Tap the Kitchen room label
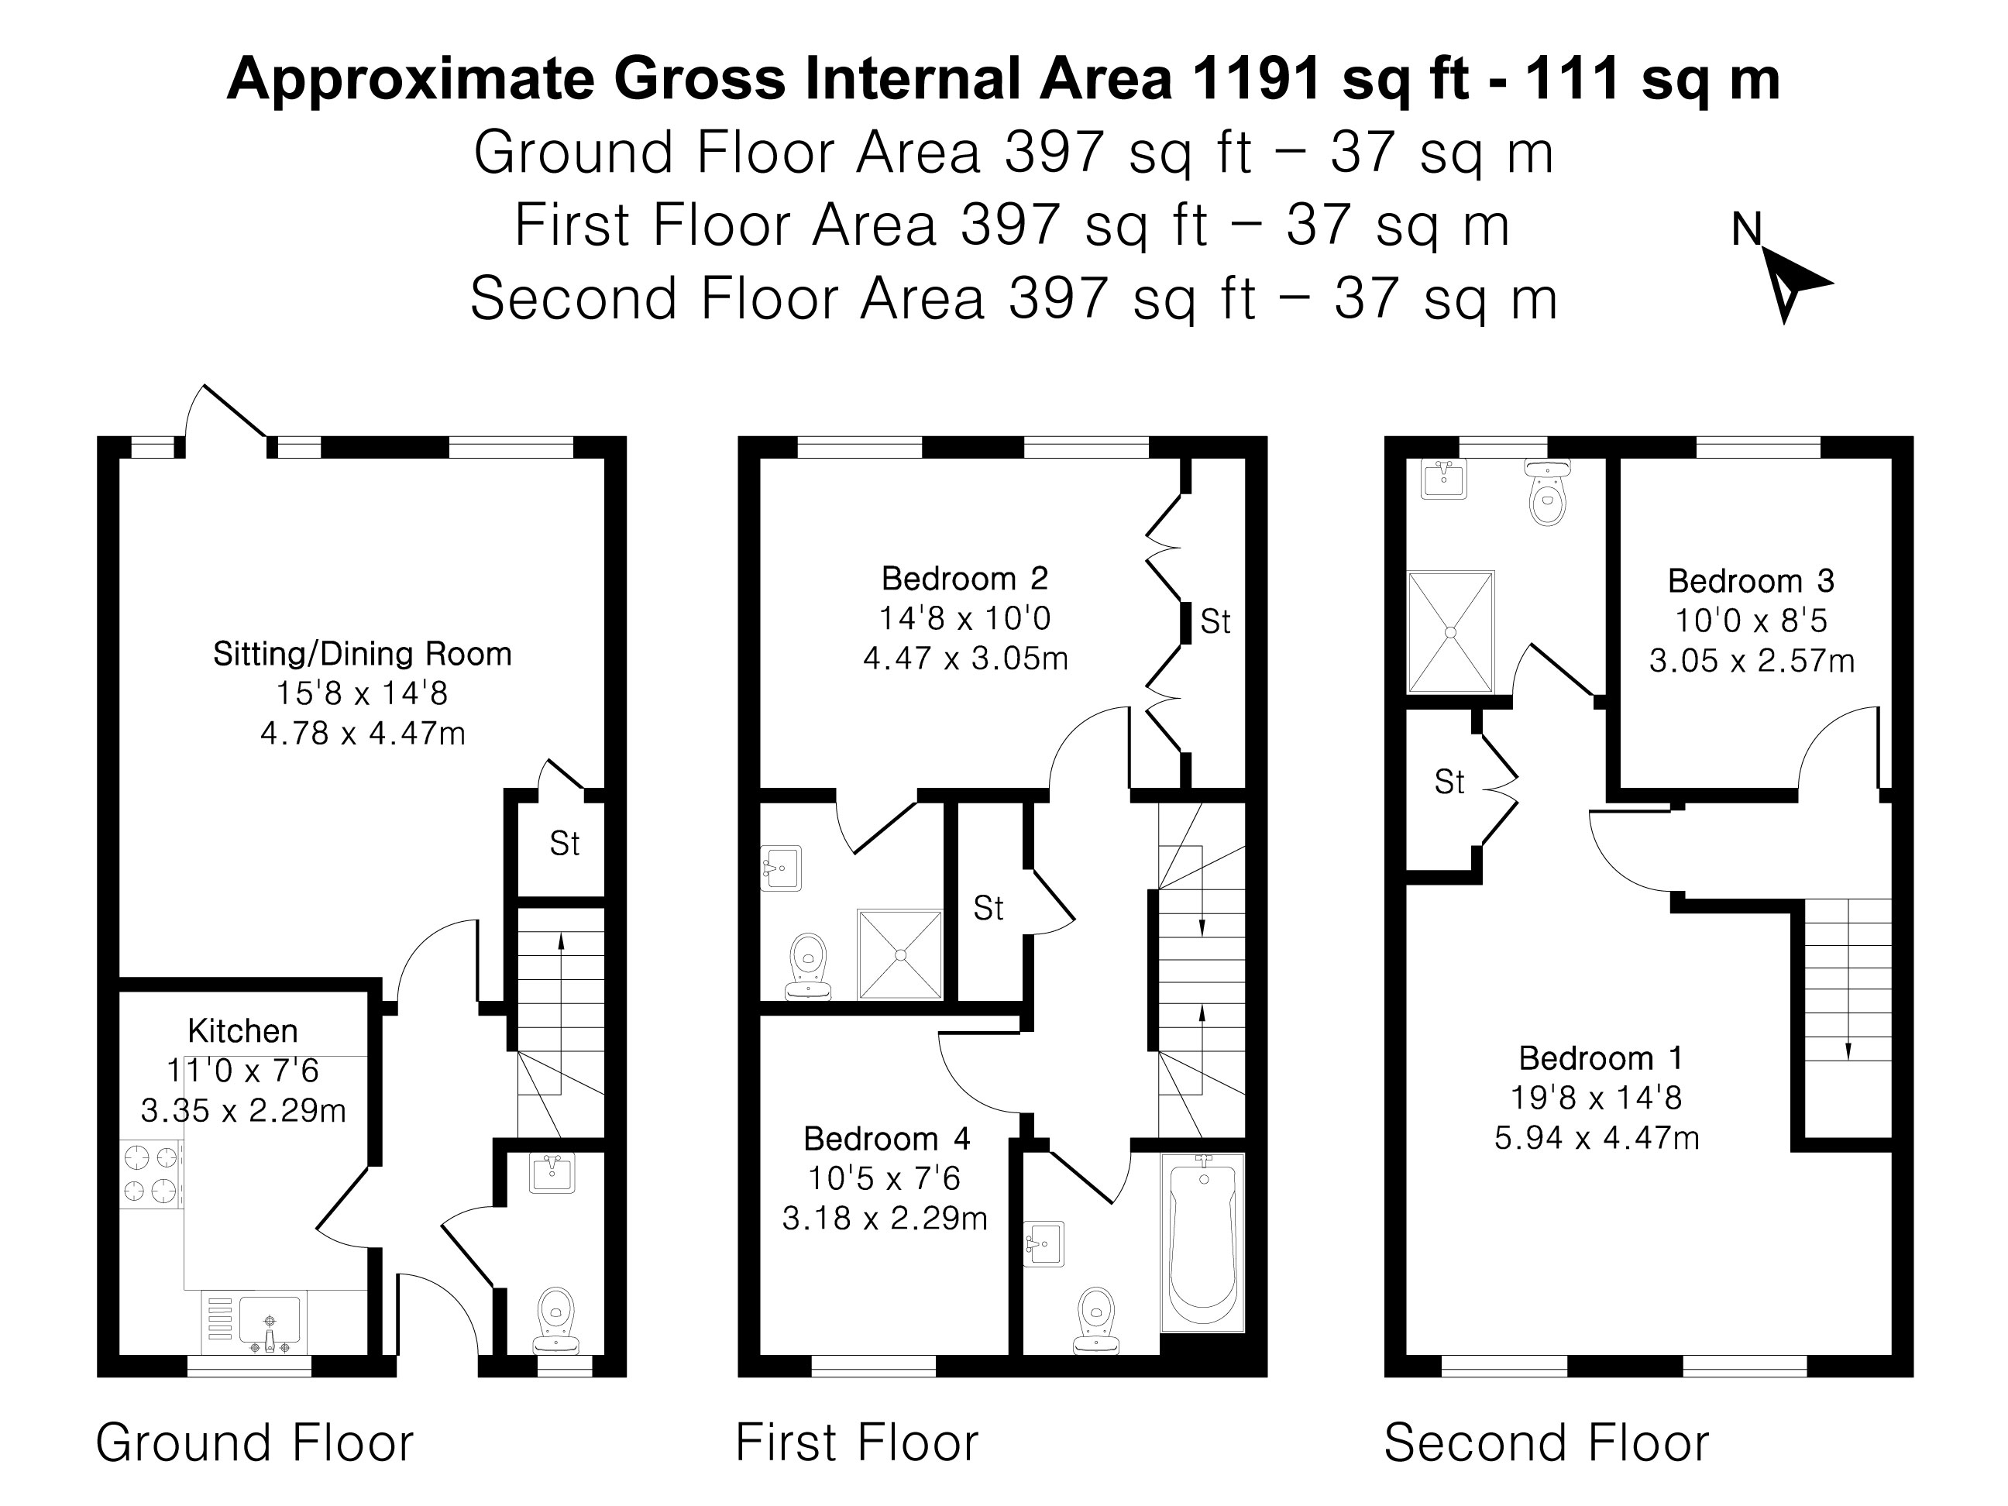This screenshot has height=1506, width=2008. [242, 1031]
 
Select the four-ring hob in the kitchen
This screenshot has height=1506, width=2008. [151, 1173]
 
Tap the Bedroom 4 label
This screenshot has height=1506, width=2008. [886, 1138]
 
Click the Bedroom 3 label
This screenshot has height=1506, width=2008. [1750, 581]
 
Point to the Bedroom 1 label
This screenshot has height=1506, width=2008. [1601, 1058]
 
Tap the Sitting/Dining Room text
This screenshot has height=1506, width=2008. [363, 654]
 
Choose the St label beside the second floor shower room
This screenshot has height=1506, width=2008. [1449, 782]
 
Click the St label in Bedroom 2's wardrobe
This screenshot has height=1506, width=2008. [1215, 622]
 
